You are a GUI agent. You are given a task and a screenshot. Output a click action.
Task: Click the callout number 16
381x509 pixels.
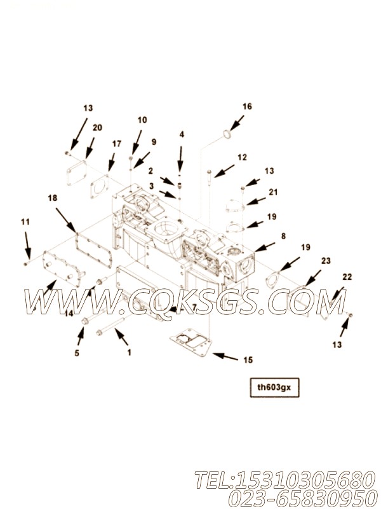pos(247,106)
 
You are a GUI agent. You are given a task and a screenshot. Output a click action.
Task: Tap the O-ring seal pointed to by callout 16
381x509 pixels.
pos(228,134)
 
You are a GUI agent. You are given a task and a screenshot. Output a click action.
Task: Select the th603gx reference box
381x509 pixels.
pos(274,387)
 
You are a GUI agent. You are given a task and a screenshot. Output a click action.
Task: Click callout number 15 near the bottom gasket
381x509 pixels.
pos(248,359)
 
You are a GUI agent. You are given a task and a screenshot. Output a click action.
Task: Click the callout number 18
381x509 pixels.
pos(53,198)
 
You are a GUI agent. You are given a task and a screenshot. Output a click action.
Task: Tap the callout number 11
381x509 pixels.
pos(25,222)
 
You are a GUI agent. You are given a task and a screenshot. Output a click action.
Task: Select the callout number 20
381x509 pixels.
pos(97,128)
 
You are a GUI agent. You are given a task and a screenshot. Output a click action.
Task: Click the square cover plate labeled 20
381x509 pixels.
pos(77,173)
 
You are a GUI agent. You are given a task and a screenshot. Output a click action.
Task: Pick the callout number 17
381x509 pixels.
pos(117,144)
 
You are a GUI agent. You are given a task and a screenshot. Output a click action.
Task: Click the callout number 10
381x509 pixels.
pos(142,120)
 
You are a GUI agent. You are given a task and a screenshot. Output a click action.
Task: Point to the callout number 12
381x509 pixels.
pos(242,157)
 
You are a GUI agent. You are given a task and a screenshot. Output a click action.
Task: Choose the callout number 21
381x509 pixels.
pos(273,192)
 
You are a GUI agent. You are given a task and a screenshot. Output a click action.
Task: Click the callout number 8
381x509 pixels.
pos(283,236)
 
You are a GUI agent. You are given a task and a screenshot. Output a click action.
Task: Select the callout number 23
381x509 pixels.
pos(326,260)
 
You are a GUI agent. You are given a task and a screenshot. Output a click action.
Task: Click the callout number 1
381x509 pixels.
pos(130,352)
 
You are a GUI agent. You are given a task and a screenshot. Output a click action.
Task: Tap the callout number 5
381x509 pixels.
pos(77,353)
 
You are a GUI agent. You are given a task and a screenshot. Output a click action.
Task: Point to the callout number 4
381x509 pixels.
pos(182,134)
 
